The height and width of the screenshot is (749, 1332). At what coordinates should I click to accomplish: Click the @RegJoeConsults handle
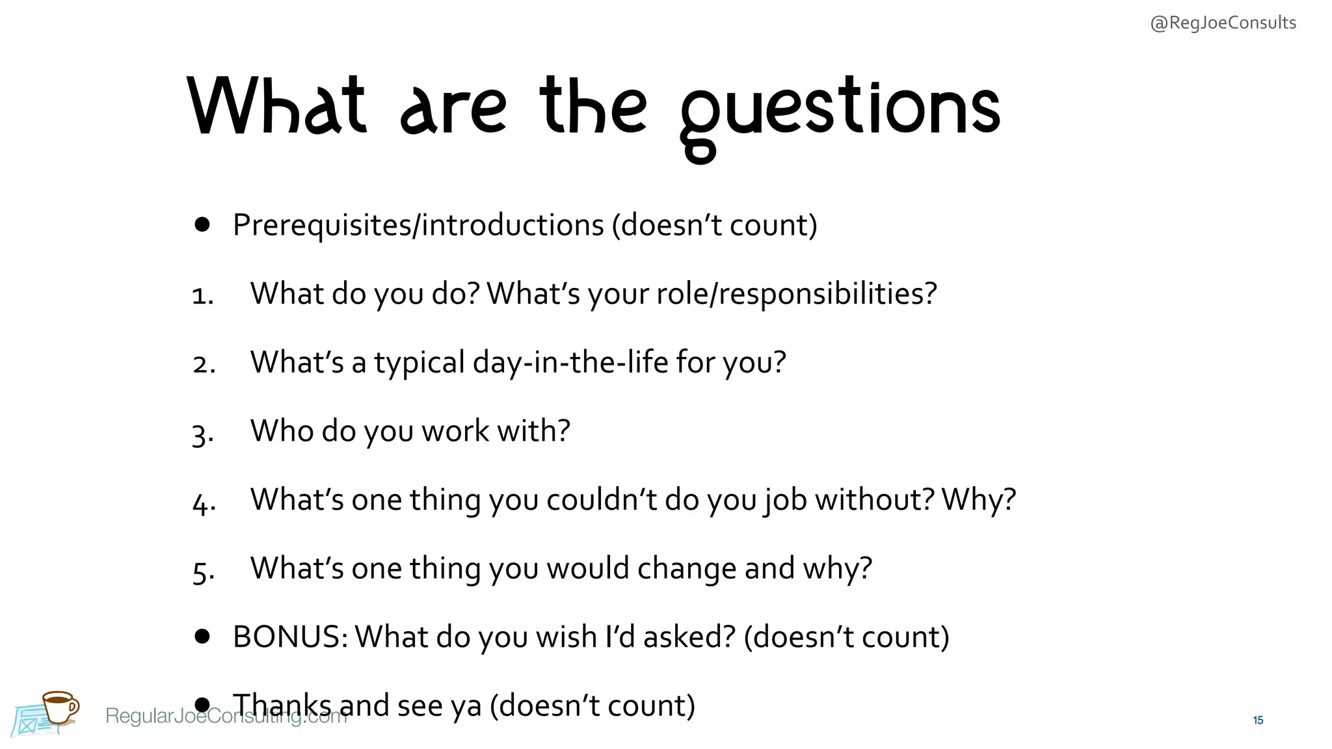pyautogui.click(x=1223, y=23)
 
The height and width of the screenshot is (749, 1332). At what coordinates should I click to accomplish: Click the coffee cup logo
pyautogui.click(x=59, y=707)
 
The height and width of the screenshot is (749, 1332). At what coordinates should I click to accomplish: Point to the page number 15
pyautogui.click(x=1258, y=720)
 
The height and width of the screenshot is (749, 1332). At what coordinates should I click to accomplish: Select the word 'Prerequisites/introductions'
pyautogui.click(x=418, y=225)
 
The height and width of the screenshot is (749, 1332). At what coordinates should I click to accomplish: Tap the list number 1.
pyautogui.click(x=202, y=296)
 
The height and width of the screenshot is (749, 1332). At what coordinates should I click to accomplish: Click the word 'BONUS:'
pyautogui.click(x=289, y=637)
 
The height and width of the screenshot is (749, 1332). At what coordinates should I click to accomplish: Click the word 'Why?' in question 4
pyautogui.click(x=978, y=500)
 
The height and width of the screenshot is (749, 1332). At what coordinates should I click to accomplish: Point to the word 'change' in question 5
pyautogui.click(x=687, y=569)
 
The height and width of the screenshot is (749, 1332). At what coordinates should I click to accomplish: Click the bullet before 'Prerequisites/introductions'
pyautogui.click(x=202, y=225)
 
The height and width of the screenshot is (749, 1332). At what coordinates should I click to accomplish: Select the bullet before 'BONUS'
pyautogui.click(x=202, y=637)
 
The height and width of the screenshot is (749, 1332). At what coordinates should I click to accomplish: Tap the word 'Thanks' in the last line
pyautogui.click(x=282, y=705)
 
